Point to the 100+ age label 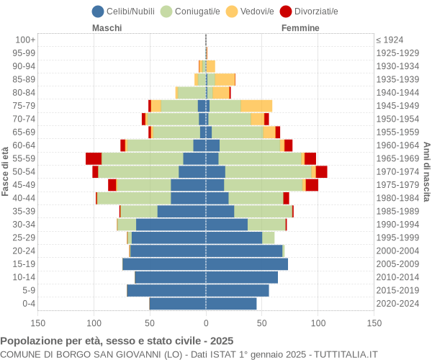coord(25,40)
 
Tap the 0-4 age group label coord(28,304)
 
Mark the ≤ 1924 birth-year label coord(390,40)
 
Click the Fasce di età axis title coord(6,171)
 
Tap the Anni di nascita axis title coord(426,171)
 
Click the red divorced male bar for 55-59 coord(94,158)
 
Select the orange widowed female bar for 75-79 coord(256,106)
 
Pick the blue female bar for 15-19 coord(247,264)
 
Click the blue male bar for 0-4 coord(177,304)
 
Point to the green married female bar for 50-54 coord(268,171)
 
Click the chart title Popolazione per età coord(117,341)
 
